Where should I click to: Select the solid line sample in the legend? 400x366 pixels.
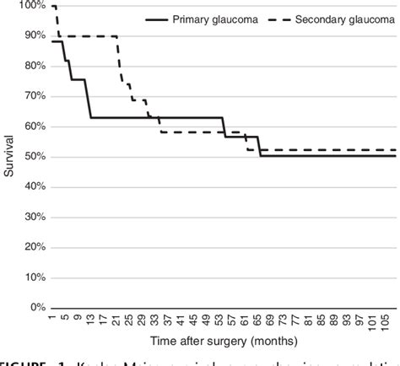click(x=161, y=19)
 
